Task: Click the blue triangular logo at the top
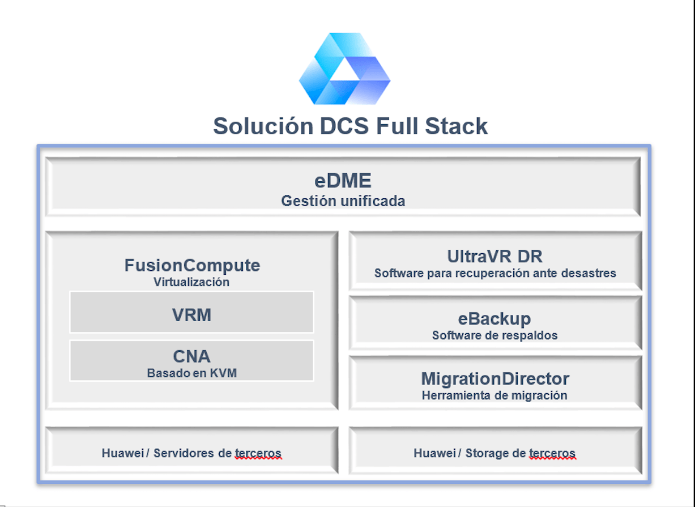pos(344,69)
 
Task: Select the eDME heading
pos(343,181)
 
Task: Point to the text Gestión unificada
pos(343,201)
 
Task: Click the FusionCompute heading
pos(192,265)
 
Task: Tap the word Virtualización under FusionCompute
pos(191,282)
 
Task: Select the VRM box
pos(191,314)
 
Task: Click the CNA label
pos(191,356)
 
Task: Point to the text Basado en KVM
pos(191,373)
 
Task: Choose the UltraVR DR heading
pos(494,256)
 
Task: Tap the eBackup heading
pos(494,318)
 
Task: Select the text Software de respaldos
pos(494,335)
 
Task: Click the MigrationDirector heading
pos(494,378)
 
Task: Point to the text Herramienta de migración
pos(494,395)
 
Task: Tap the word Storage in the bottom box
pos(487,453)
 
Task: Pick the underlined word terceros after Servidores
pos(258,453)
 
